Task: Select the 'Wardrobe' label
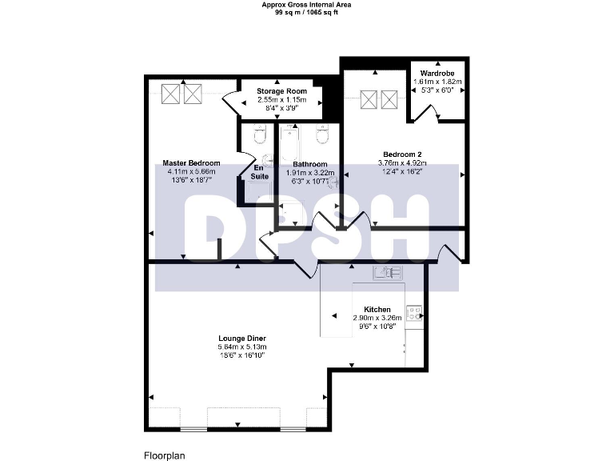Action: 437,73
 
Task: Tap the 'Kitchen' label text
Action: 377,309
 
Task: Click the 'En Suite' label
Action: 260,172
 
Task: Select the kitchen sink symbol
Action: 388,274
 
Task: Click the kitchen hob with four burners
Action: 414,313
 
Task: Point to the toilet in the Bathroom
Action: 322,136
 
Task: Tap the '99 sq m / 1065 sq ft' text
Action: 306,13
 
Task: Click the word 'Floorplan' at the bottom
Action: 165,455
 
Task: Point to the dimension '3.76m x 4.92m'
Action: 401,162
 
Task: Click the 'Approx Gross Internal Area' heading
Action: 306,5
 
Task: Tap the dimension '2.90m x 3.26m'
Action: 377,318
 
